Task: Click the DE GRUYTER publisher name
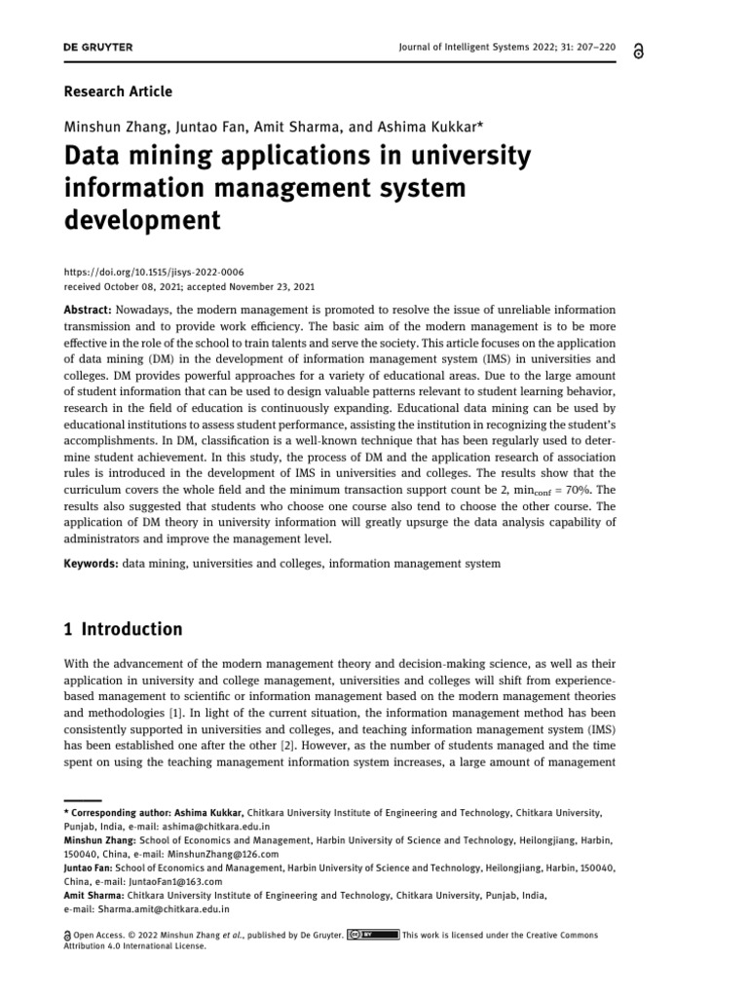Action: point(98,47)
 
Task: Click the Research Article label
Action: point(118,92)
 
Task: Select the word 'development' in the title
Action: point(142,221)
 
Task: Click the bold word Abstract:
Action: point(91,309)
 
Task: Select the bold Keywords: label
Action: point(92,563)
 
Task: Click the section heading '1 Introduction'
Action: point(123,629)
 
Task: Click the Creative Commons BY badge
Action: point(373,936)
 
